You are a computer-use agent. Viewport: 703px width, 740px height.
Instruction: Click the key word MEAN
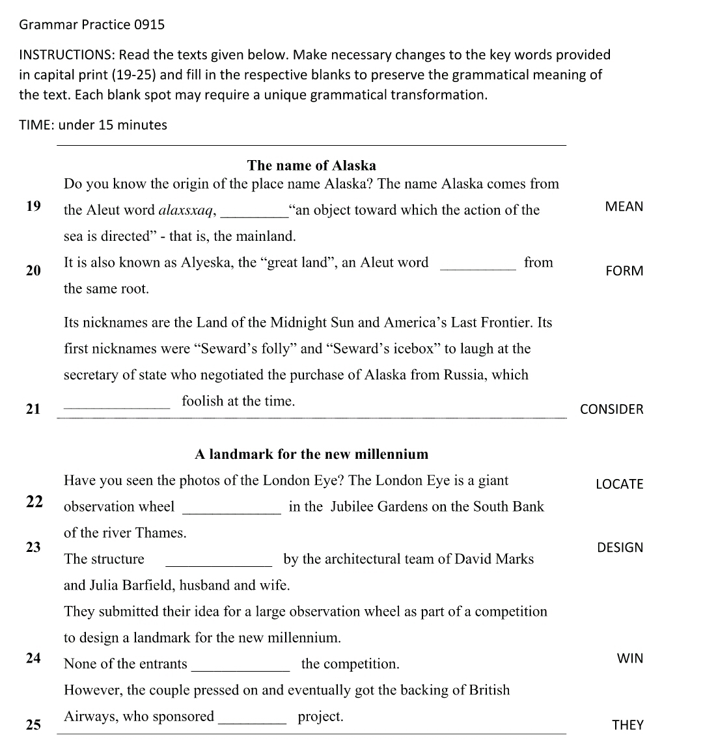point(624,207)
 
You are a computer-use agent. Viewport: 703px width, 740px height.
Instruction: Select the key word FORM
point(624,271)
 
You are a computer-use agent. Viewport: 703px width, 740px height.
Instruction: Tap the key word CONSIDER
point(611,409)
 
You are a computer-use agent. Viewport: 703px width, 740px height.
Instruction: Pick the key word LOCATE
point(619,484)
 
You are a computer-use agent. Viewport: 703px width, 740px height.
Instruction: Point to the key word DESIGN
point(620,548)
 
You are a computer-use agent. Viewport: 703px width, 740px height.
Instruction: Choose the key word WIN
point(629,658)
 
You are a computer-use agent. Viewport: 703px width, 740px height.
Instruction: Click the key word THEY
point(627,725)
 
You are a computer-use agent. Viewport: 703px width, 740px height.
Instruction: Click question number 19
point(33,207)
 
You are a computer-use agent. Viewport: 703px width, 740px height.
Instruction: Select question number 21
point(33,409)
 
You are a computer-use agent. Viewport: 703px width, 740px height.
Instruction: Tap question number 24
point(33,658)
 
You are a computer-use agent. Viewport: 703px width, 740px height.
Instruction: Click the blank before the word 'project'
point(253,722)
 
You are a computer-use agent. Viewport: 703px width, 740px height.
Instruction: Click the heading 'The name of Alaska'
point(312,165)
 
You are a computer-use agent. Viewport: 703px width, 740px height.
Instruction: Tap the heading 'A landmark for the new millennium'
point(311,454)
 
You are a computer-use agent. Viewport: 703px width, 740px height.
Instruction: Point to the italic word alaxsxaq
point(187,210)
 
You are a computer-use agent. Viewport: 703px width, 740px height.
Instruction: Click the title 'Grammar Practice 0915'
point(92,25)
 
